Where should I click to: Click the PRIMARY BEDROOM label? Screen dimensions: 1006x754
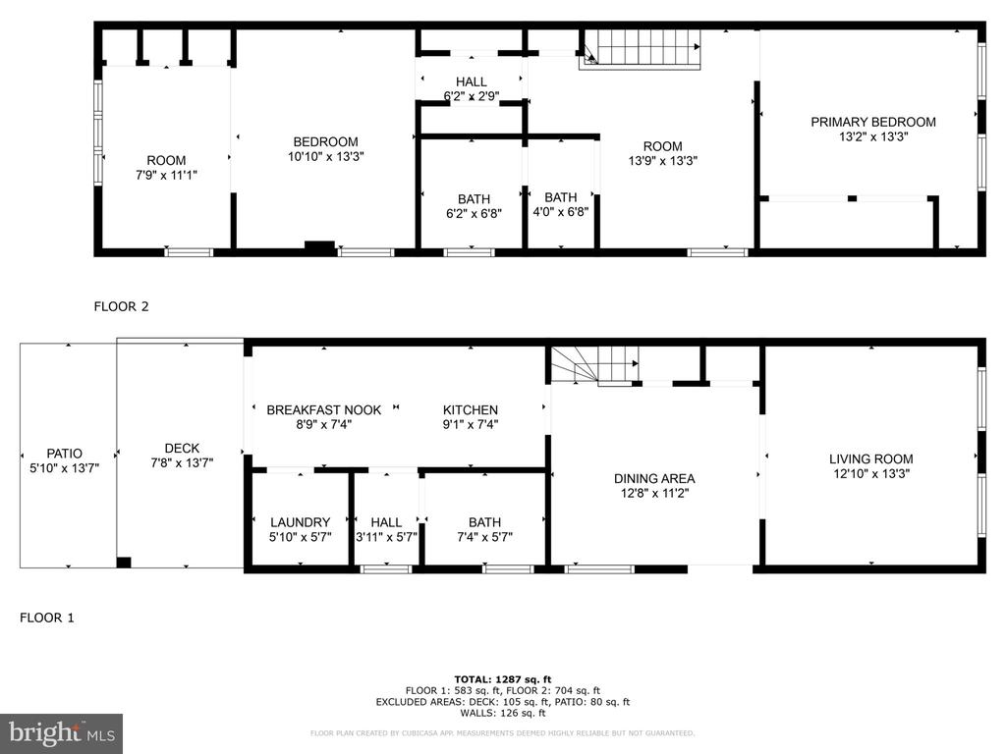(x=872, y=122)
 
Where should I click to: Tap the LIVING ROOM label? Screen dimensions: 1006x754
(x=870, y=459)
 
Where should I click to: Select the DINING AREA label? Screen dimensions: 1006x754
(x=653, y=478)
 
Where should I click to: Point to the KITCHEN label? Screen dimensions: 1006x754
(x=471, y=409)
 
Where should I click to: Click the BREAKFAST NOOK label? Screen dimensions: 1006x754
(x=323, y=409)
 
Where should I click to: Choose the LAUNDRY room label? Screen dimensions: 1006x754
(x=300, y=522)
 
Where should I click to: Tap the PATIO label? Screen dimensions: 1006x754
(x=64, y=454)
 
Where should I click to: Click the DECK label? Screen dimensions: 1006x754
(x=182, y=448)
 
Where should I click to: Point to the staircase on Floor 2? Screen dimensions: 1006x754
(x=640, y=49)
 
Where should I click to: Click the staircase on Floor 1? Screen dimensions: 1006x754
(x=595, y=365)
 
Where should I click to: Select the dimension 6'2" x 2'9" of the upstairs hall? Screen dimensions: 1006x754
(x=472, y=97)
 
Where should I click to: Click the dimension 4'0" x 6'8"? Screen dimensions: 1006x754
(x=560, y=212)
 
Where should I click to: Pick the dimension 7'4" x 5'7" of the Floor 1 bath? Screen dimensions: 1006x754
(x=484, y=537)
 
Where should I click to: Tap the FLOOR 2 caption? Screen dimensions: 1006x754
(x=121, y=306)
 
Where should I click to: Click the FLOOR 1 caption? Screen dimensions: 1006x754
(x=47, y=618)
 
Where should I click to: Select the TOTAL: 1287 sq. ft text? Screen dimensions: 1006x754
(x=502, y=679)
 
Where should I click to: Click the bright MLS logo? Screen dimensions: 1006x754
(x=62, y=733)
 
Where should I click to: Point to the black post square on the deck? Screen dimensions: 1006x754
(x=124, y=563)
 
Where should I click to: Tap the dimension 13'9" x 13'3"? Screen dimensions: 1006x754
(x=662, y=161)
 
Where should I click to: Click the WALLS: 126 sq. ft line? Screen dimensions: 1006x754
(x=502, y=713)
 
